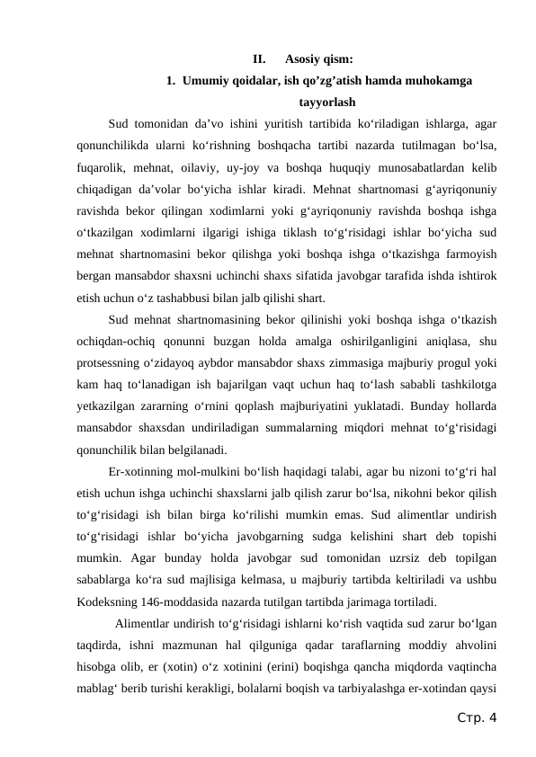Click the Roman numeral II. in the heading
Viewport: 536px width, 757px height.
259,60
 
